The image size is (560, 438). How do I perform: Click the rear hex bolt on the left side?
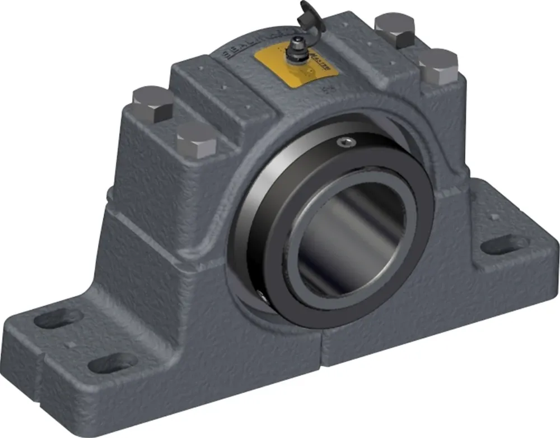pyautogui.click(x=153, y=103)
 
